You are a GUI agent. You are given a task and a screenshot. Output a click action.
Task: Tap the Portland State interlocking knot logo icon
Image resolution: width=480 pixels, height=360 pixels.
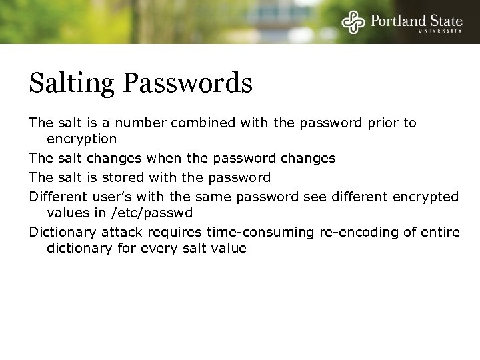coord(353,23)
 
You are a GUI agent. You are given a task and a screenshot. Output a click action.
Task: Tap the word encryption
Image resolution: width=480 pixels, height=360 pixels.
coord(81,139)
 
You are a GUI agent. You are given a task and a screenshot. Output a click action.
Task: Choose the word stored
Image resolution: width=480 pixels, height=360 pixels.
coord(141,177)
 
